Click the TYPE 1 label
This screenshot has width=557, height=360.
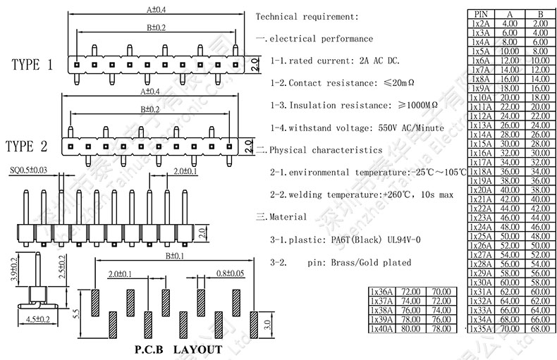pyautogui.click(x=32, y=66)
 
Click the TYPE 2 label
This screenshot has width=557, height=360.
pyautogui.click(x=27, y=147)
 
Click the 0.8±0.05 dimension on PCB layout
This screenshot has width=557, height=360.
pyautogui.click(x=231, y=273)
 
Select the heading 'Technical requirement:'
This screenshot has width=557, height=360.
pyautogui.click(x=307, y=16)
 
